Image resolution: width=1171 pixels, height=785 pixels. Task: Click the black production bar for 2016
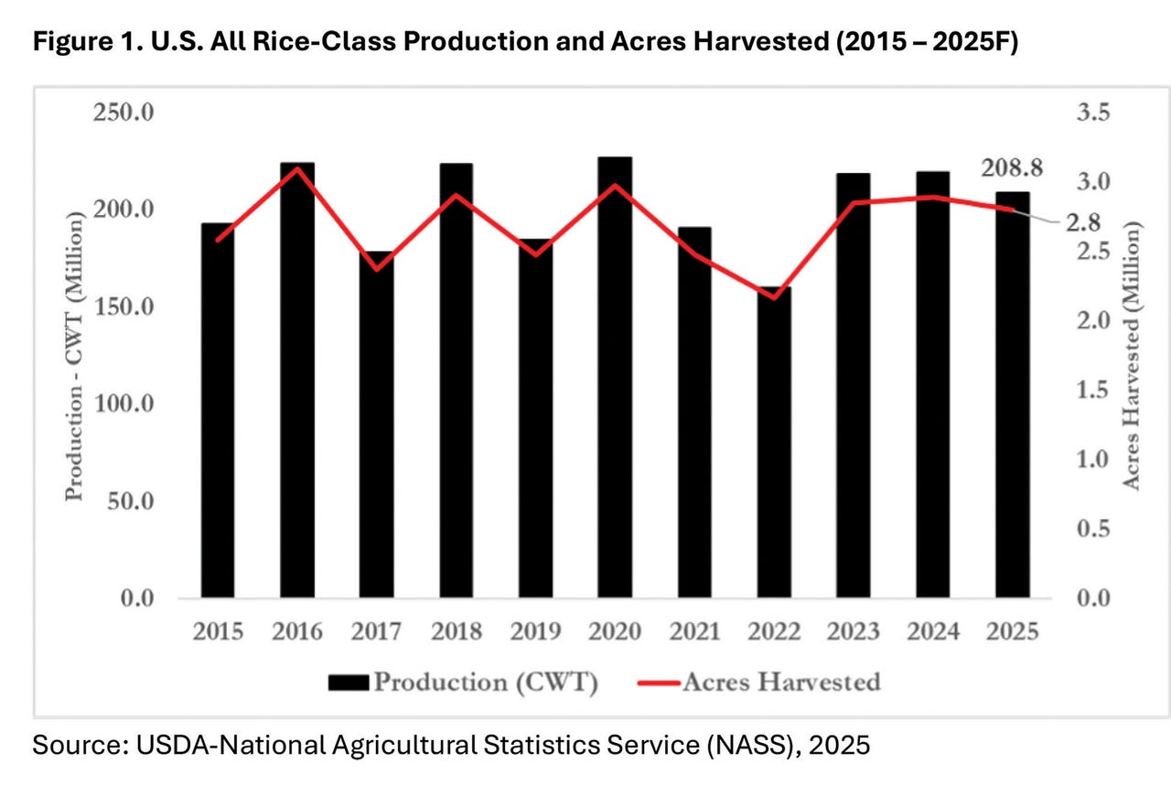coord(297,384)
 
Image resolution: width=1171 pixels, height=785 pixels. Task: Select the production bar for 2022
coord(774,448)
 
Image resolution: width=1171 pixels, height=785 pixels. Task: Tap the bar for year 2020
coord(615,380)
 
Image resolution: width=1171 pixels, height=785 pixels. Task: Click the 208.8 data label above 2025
coord(1012,168)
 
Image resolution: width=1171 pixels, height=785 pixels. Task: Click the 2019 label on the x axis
coord(535,632)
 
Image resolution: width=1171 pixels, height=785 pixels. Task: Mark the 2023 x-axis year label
coord(853,632)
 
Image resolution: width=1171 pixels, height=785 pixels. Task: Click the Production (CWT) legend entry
coord(462,683)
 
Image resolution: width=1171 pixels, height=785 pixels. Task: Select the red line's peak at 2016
coord(297,168)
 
